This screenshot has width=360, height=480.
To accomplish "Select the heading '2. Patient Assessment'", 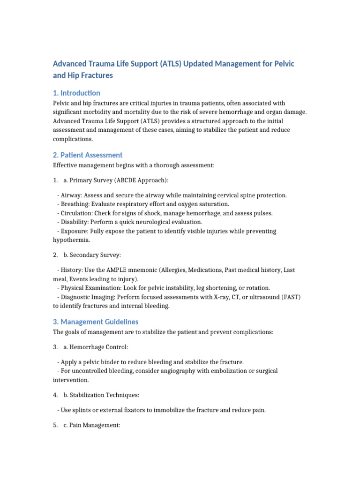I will click(88, 155).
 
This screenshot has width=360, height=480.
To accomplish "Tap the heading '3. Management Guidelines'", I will click(96, 322).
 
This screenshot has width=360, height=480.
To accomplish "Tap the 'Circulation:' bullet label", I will click(77, 213).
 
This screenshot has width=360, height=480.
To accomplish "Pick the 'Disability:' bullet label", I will click(75, 222).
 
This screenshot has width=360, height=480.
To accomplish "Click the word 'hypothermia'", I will click(71, 240).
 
